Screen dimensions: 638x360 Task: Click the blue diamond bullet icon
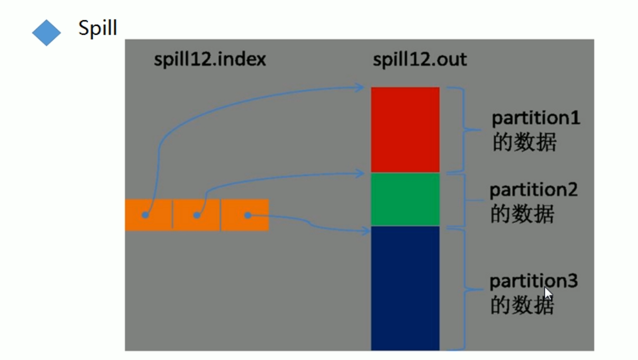47,33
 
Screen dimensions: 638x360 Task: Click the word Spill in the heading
97,27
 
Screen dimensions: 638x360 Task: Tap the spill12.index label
209,59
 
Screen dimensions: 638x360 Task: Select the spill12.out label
420,59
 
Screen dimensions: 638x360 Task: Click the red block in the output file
405,130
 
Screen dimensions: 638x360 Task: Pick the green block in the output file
405,199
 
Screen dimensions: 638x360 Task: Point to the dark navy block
405,288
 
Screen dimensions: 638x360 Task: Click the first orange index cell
149,215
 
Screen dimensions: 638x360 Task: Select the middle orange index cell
196,215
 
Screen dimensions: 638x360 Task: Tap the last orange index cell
245,215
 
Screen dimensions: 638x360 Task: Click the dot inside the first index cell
145,215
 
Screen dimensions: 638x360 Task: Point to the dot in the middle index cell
197,215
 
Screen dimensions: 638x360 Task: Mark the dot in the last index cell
247,215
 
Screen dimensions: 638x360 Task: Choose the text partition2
533,190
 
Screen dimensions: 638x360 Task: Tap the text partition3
533,281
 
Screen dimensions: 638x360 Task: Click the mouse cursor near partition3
548,293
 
